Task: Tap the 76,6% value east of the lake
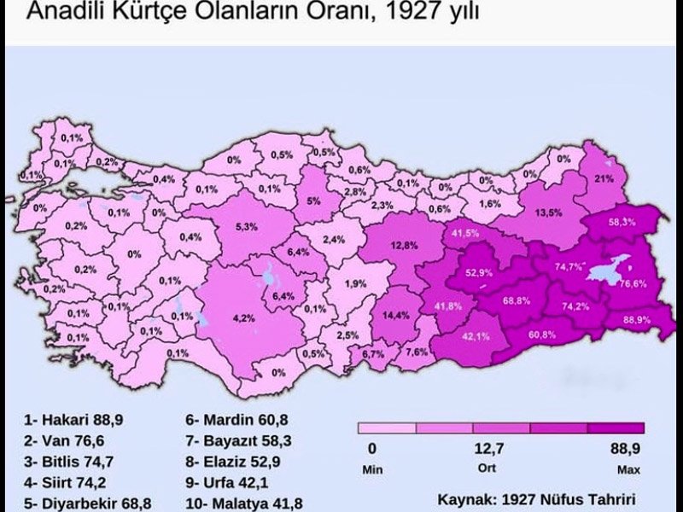coord(633,284)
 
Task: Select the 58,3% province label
coord(621,222)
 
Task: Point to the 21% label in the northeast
coord(604,179)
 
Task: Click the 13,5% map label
coord(548,212)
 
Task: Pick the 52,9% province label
coord(480,273)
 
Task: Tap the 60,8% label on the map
coord(541,334)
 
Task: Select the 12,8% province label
coord(404,246)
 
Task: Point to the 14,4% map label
coord(395,315)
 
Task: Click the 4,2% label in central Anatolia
coord(243,318)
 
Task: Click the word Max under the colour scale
coord(628,469)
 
